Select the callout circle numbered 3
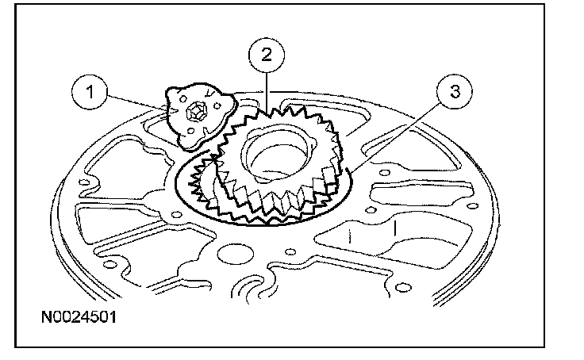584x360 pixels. click(x=452, y=93)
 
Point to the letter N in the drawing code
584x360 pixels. click(x=47, y=320)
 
